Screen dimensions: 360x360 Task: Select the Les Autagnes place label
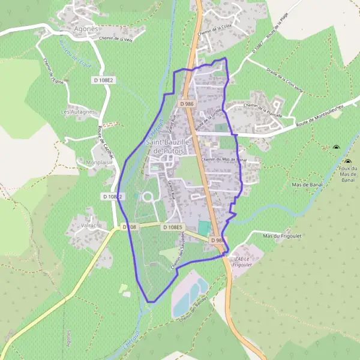click(x=79, y=112)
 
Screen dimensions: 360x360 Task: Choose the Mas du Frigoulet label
click(x=281, y=235)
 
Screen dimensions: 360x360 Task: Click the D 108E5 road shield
click(x=172, y=227)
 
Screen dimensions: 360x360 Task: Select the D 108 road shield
click(x=130, y=227)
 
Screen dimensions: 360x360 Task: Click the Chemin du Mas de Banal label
click(x=224, y=160)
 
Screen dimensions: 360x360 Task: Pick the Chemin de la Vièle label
click(x=115, y=39)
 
